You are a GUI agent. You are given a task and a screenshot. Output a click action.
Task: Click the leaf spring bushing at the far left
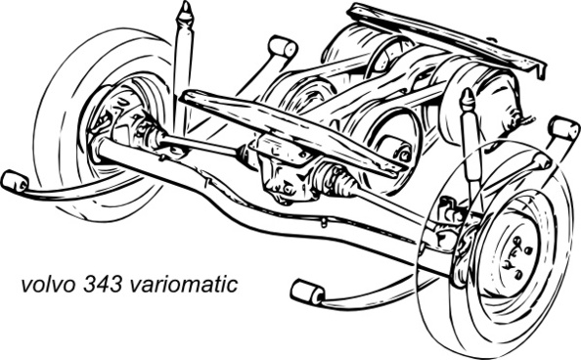pos(13,182)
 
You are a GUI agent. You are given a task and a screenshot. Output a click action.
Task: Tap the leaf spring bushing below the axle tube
pos(308,292)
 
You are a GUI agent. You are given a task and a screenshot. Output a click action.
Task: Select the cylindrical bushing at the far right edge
pos(564,128)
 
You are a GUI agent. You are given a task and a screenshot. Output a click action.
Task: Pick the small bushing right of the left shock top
pos(282,46)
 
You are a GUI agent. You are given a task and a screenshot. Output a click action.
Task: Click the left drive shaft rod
pos(201,144)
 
